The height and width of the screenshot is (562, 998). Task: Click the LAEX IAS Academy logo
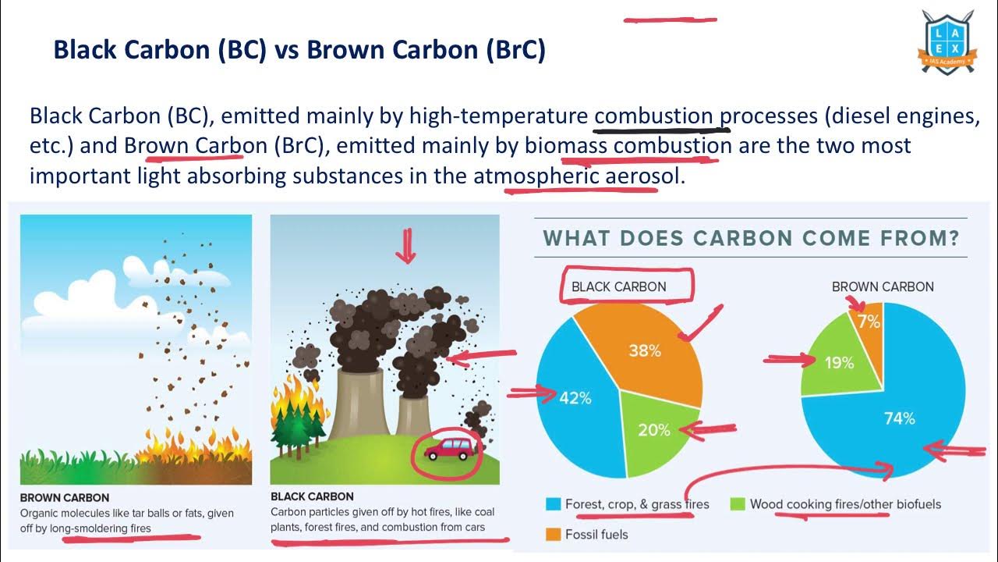947,43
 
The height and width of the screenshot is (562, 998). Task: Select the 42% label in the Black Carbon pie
575,398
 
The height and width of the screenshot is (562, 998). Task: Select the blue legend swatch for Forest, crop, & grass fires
552,504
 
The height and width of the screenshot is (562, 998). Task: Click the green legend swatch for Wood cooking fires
736,504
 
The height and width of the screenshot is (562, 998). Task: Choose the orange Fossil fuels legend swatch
552,535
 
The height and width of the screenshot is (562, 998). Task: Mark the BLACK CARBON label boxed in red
619,286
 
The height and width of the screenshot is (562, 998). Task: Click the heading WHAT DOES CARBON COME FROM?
751,238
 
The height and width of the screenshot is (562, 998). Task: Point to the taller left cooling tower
356,406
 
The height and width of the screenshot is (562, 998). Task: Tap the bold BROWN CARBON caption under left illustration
65,497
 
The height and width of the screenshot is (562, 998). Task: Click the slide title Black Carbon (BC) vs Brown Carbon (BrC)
299,50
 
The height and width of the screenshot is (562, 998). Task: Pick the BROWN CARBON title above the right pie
883,286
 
